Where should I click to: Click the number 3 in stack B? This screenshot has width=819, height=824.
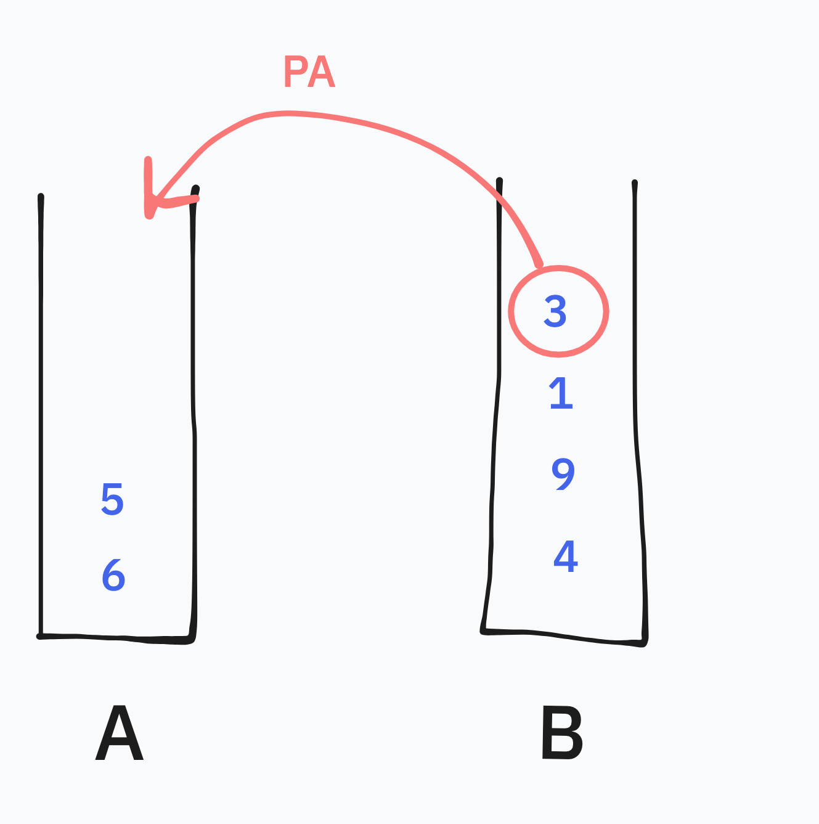[x=555, y=311]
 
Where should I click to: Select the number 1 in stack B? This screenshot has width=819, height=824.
[x=561, y=393]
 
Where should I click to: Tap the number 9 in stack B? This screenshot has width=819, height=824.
[x=563, y=473]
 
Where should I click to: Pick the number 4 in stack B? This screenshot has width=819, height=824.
[x=566, y=557]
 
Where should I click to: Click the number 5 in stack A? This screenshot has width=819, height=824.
[x=112, y=499]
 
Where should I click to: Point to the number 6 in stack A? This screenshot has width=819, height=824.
[x=113, y=575]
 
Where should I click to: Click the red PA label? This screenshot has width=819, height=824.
[x=309, y=73]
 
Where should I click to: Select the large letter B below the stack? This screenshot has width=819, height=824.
[x=561, y=734]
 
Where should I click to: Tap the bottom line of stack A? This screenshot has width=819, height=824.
[x=117, y=638]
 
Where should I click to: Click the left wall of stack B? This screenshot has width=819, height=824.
[x=495, y=431]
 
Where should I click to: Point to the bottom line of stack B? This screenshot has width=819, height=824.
[x=564, y=636]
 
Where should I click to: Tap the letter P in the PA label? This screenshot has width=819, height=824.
[x=295, y=73]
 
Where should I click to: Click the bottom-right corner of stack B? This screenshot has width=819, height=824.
[x=644, y=643]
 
